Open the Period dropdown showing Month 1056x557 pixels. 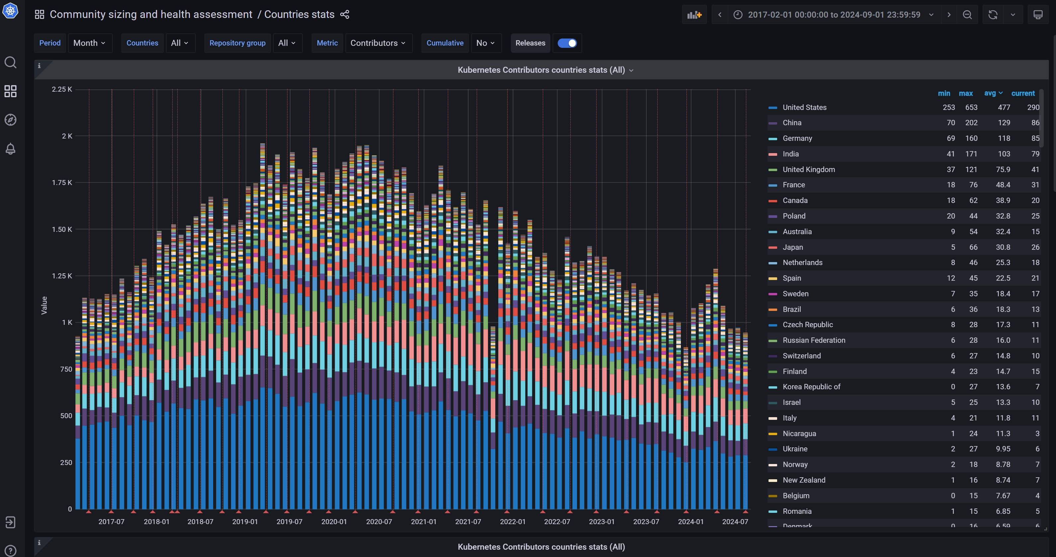[89, 43]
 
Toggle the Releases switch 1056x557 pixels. [567, 43]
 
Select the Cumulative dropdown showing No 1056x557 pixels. [486, 43]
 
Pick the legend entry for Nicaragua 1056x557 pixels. [799, 433]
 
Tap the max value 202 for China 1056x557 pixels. [971, 123]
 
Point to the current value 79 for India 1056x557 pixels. [1035, 154]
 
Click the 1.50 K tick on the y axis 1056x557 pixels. [62, 229]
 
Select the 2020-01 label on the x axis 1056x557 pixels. [334, 522]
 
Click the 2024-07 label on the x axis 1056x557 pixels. [735, 522]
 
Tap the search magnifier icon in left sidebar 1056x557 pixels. [10, 62]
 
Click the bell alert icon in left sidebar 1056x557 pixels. [10, 148]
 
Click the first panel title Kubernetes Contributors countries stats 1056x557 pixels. [541, 70]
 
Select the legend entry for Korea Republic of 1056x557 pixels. [811, 387]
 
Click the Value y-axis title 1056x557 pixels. [44, 306]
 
